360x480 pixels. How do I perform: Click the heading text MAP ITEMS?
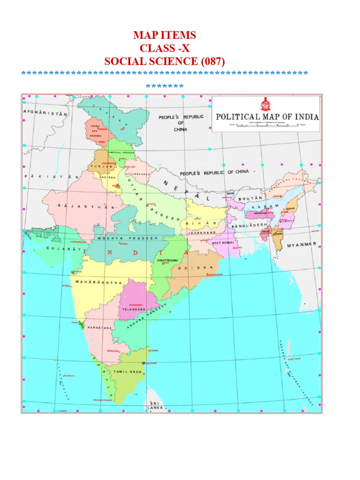165,35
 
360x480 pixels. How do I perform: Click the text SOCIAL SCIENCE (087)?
165,61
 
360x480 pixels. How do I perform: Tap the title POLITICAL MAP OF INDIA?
267,116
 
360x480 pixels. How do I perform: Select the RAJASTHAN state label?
87,206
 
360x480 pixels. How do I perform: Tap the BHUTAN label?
250,199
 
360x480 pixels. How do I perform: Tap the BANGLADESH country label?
254,225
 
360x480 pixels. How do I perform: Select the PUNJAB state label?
104,166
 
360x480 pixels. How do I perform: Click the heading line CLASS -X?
165,48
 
